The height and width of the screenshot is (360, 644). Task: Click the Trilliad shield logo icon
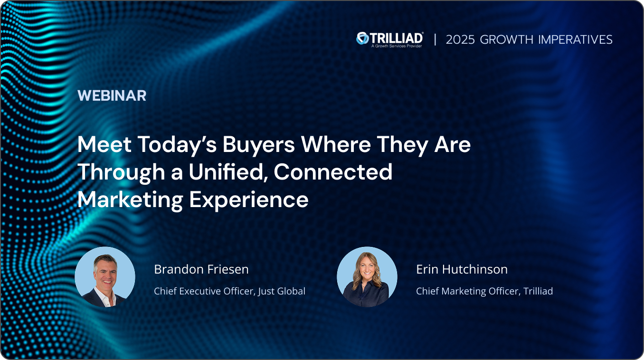pos(362,38)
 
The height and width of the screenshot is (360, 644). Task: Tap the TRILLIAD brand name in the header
pos(396,38)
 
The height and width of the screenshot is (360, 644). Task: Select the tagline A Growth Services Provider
pos(396,46)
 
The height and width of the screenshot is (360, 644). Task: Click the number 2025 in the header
pos(460,39)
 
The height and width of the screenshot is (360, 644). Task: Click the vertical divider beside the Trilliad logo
pos(435,39)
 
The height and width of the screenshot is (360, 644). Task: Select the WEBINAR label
pos(112,95)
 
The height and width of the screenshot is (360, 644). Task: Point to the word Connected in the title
pos(333,172)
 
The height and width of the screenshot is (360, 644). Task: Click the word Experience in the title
pos(249,199)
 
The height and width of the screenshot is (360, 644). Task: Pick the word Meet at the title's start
pos(104,144)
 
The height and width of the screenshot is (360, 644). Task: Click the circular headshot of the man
pos(105,277)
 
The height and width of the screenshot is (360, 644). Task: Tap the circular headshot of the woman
pos(367,277)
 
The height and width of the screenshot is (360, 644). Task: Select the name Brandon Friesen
pos(201,270)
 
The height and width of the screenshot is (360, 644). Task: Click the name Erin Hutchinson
pos(462,270)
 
